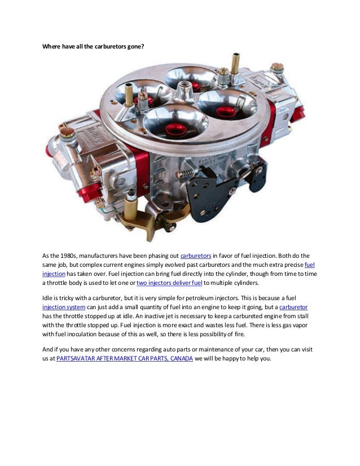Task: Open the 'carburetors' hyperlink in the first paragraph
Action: pos(195,256)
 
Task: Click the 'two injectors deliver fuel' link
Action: pos(169,283)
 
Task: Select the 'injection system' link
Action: pos(64,306)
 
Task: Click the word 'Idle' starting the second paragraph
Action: pos(48,297)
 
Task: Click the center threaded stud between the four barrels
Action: pos(183,90)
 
